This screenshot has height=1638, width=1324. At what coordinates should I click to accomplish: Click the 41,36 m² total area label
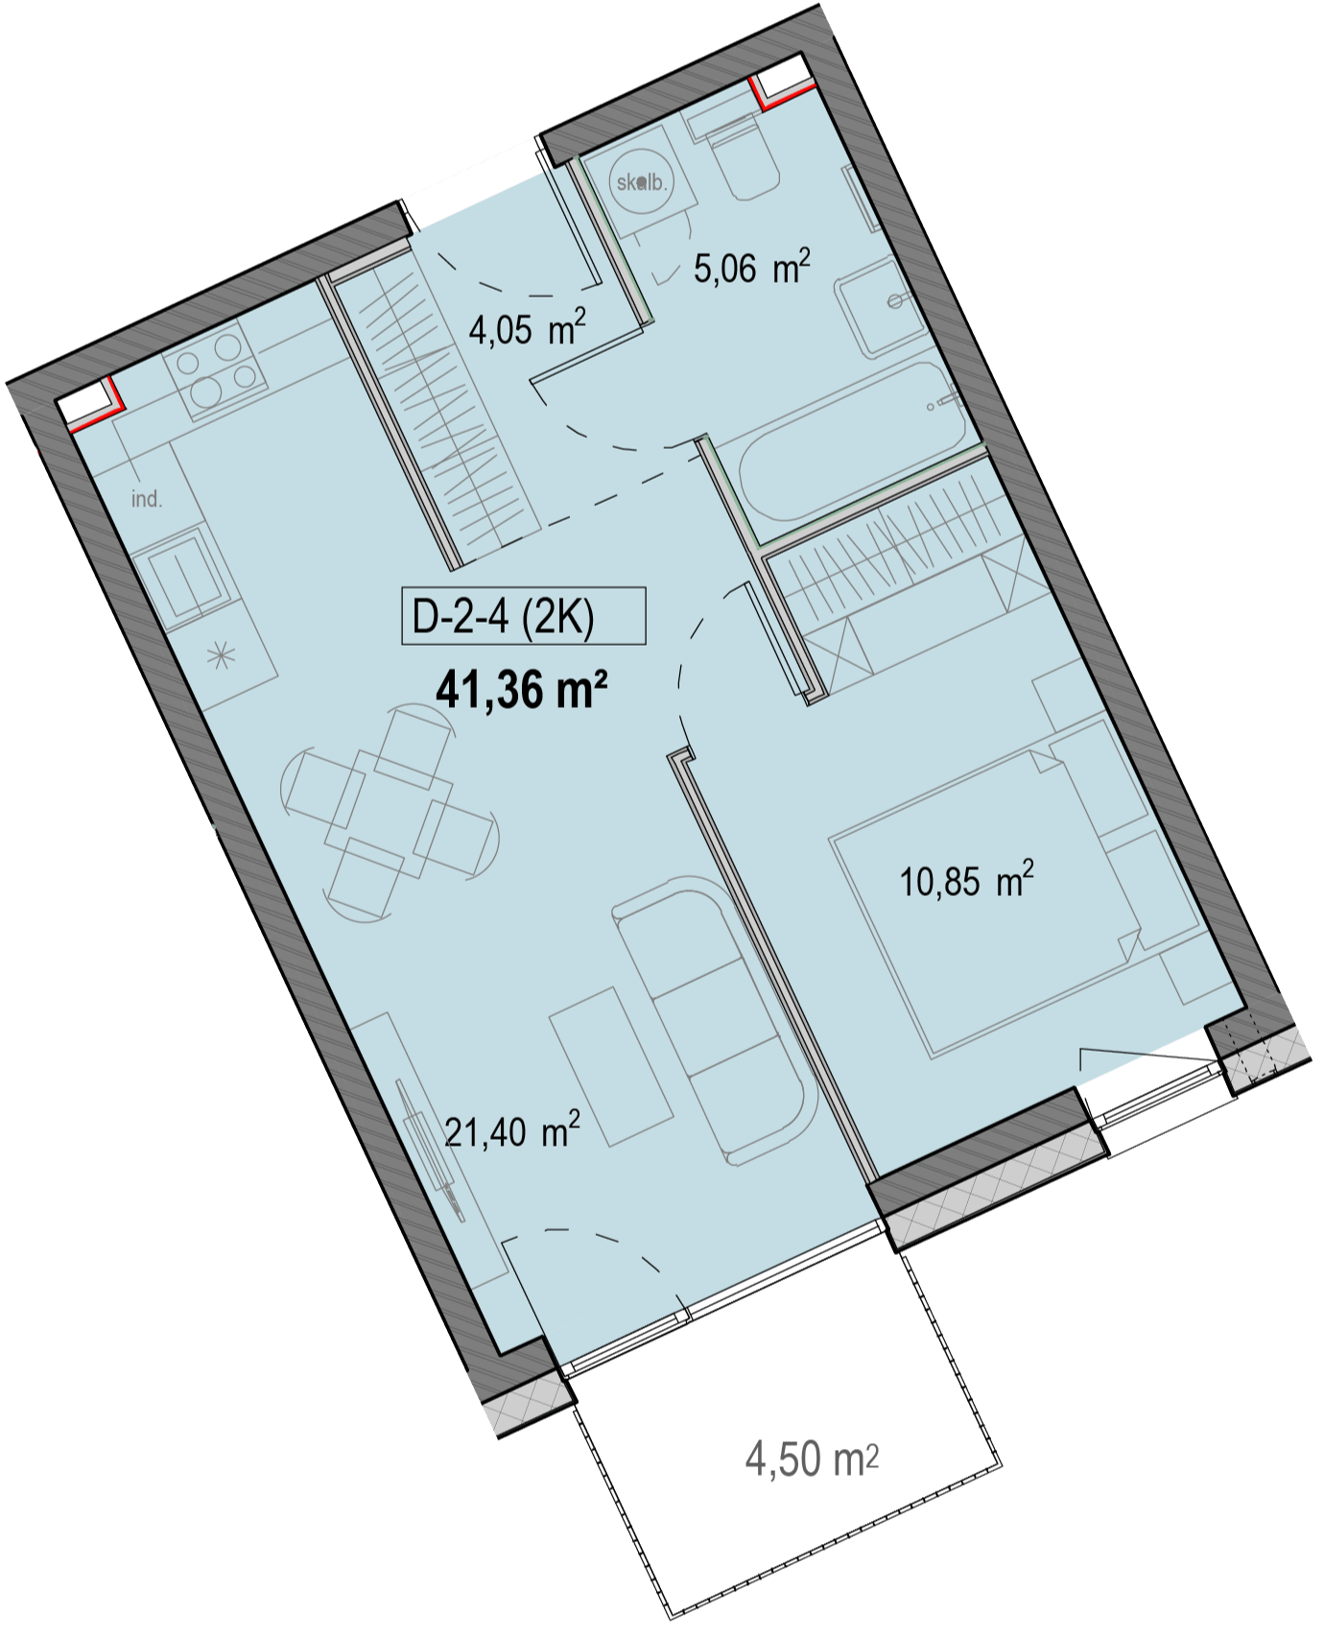(x=524, y=689)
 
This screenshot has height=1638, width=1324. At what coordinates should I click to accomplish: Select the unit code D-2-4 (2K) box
(x=524, y=615)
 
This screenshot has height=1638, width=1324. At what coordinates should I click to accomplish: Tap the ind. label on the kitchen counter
(x=147, y=499)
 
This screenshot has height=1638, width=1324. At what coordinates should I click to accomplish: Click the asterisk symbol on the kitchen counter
(x=222, y=657)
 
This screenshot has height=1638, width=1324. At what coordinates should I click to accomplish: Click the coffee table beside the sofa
(x=611, y=1063)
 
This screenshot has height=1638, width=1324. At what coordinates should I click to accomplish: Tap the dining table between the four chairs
(x=389, y=812)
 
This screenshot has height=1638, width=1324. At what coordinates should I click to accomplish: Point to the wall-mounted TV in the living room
(x=430, y=1147)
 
